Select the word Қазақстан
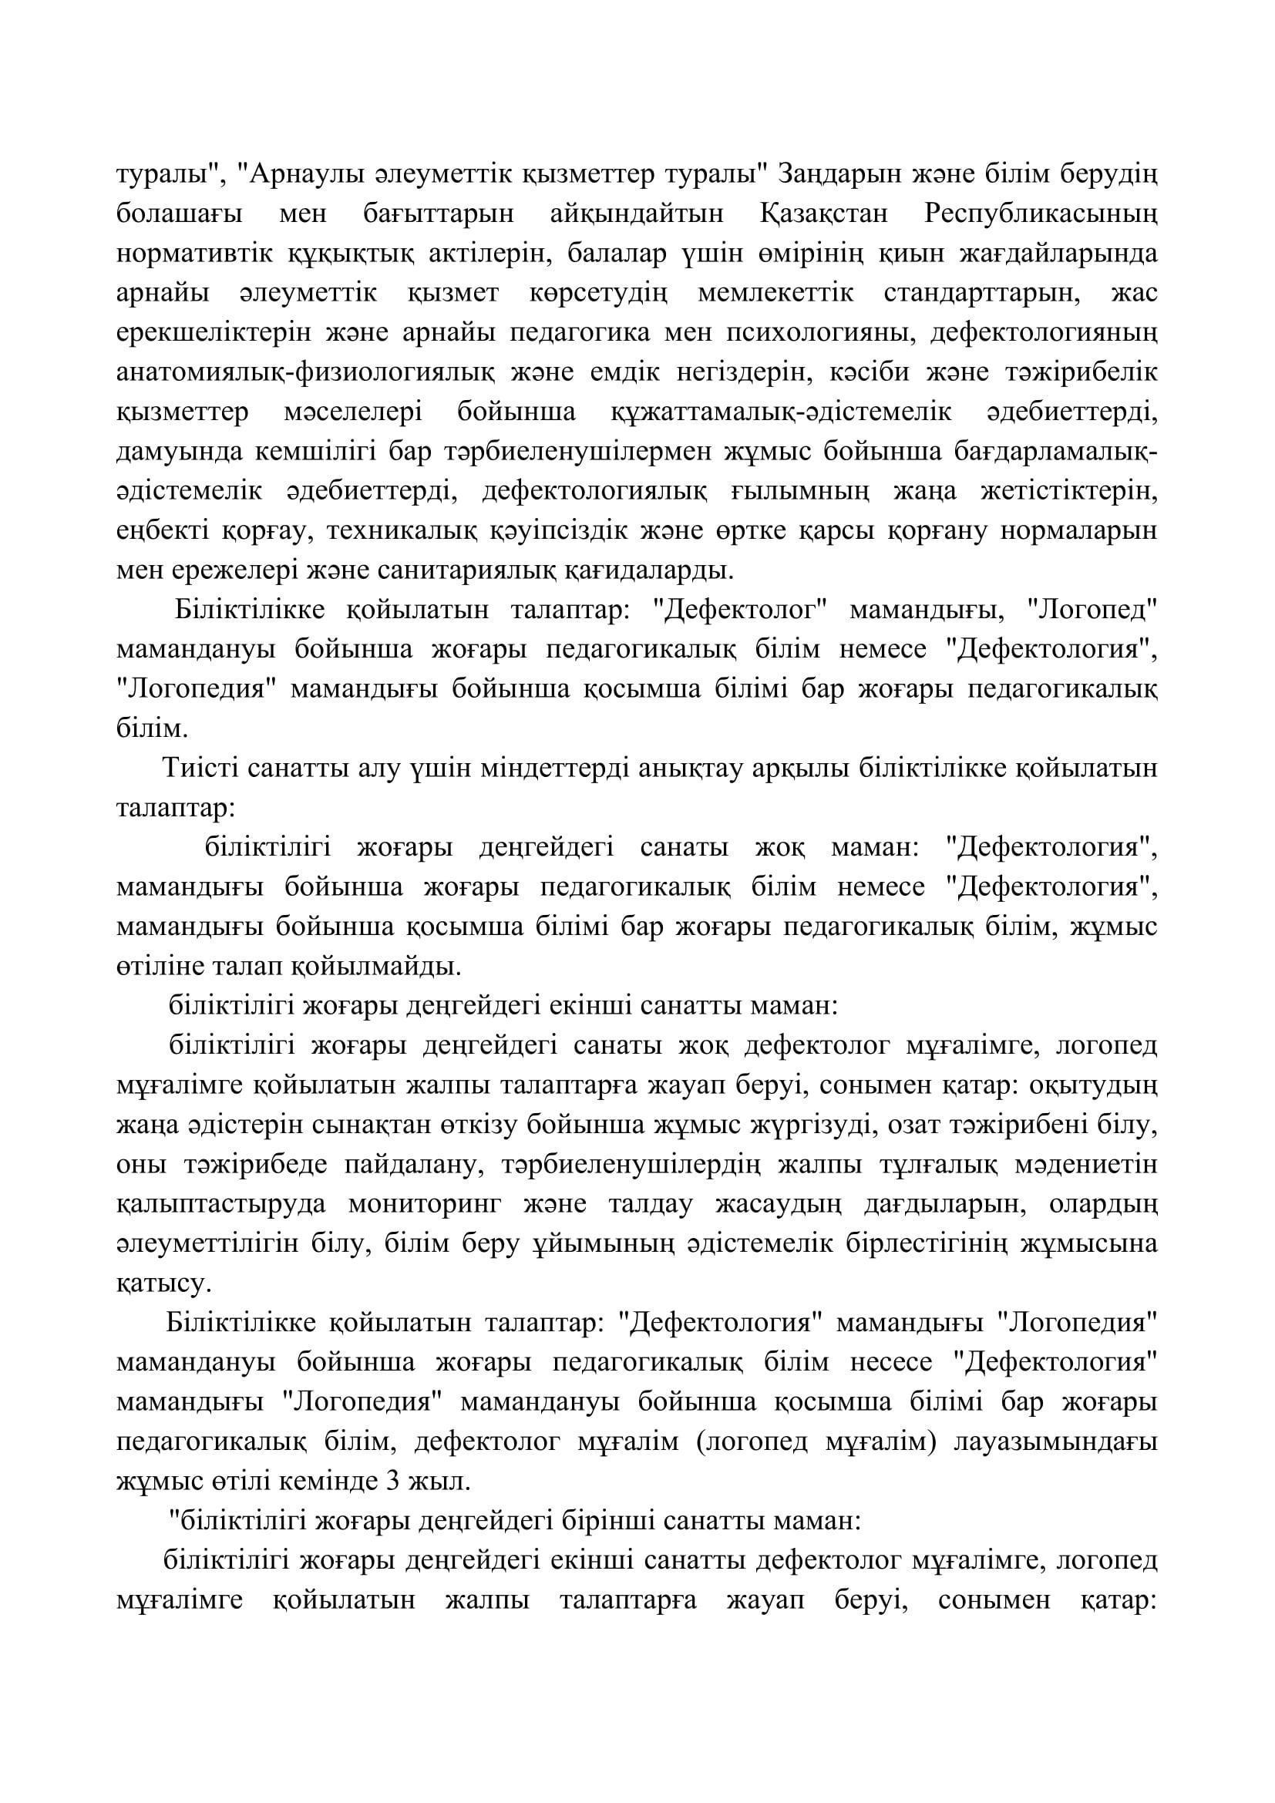coord(823,214)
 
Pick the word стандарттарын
coord(980,293)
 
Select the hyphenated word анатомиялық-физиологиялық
coord(305,372)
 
